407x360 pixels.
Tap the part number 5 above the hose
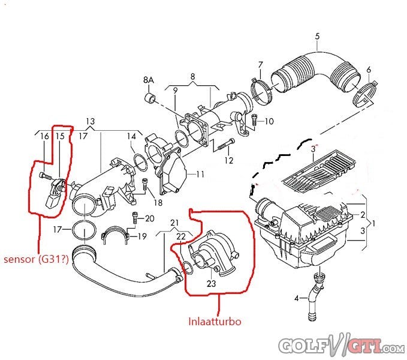(317, 36)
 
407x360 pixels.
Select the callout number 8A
(149, 80)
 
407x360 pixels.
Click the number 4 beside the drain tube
(296, 298)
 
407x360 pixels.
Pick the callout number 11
(200, 174)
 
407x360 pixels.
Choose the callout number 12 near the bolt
(228, 160)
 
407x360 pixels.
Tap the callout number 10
(269, 121)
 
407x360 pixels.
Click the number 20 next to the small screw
(149, 218)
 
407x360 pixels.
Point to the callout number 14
(131, 136)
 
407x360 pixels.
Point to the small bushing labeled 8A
(150, 98)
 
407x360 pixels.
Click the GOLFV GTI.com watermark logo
(340, 346)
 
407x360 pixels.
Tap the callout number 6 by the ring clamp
(369, 69)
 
